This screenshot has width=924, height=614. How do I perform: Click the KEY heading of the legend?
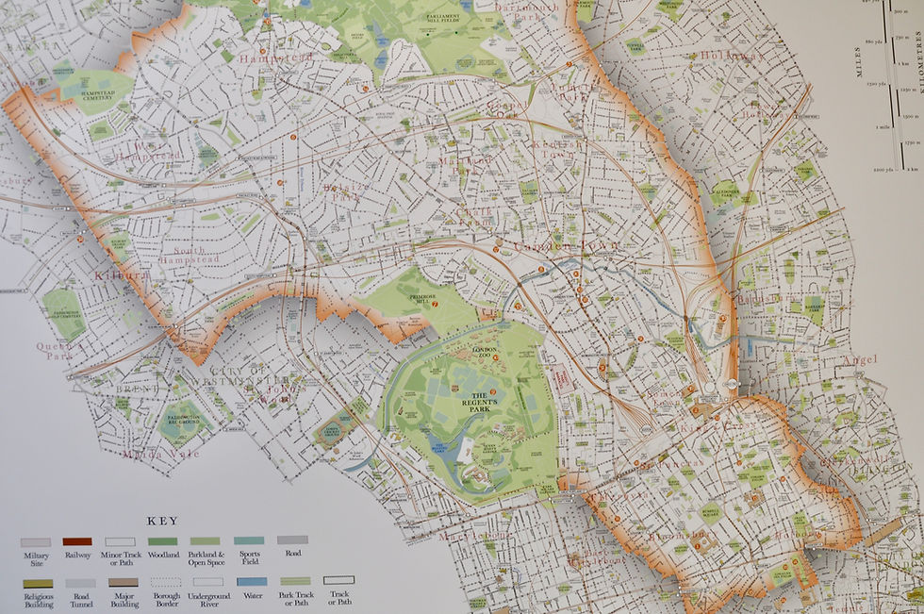click(x=163, y=519)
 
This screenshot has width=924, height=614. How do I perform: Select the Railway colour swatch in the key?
click(x=77, y=541)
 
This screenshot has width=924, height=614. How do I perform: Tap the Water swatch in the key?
click(x=252, y=581)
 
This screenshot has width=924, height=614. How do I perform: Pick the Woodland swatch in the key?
click(x=163, y=541)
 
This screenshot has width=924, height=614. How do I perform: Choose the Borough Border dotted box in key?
click(x=165, y=581)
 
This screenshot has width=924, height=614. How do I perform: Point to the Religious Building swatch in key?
click(x=35, y=581)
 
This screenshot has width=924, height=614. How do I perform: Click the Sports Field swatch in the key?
click(x=249, y=541)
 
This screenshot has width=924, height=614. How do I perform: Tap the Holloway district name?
click(x=732, y=57)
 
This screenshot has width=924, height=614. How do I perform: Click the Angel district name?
click(x=860, y=359)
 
